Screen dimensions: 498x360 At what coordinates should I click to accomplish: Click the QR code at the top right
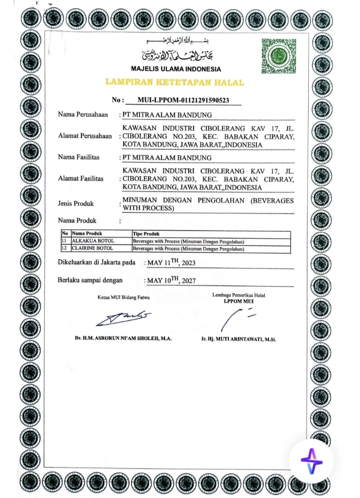(x=279, y=56)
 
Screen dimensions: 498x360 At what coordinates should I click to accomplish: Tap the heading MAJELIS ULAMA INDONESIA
(x=176, y=69)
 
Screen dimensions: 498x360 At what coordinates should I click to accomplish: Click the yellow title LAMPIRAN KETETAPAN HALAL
(x=175, y=82)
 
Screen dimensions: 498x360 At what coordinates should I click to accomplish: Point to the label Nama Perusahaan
(x=83, y=115)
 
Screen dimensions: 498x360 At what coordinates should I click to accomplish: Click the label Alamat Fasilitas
(x=81, y=179)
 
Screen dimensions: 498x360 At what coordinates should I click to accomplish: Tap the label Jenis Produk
(x=76, y=204)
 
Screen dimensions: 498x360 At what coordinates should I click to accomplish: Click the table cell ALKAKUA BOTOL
(x=86, y=241)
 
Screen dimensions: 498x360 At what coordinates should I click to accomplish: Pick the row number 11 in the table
(x=65, y=241)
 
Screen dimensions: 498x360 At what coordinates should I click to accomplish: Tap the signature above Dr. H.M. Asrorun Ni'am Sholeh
(x=123, y=318)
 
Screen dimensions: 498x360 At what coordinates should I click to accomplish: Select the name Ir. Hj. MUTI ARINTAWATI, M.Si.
(x=238, y=339)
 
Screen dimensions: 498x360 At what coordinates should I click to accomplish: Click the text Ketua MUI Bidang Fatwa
(x=124, y=297)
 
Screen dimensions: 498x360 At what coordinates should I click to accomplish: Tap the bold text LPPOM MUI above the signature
(x=238, y=302)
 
